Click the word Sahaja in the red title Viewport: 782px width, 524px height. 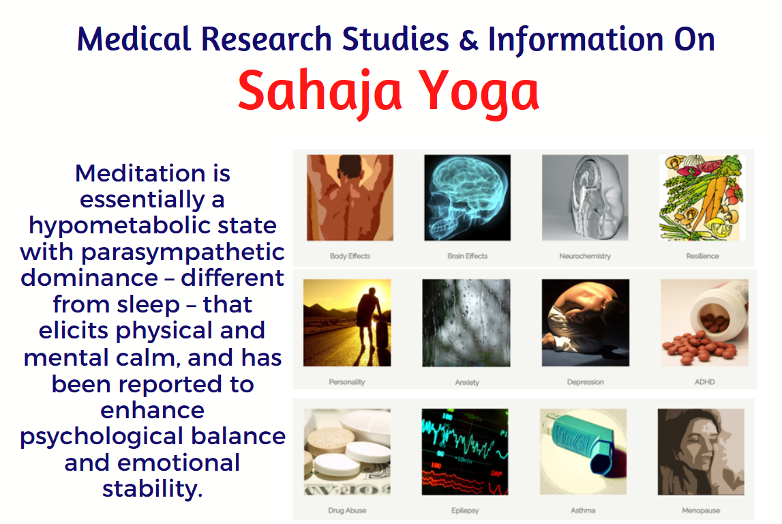click(320, 91)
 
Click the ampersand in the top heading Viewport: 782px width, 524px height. click(468, 40)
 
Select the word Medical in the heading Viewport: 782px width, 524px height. click(134, 39)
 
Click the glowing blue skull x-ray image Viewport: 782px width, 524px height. click(467, 198)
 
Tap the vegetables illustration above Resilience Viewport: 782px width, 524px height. click(702, 198)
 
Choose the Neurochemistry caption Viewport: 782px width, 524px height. click(585, 256)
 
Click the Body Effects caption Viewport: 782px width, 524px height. click(350, 256)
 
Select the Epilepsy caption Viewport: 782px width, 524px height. click(465, 510)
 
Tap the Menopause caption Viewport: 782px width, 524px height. click(701, 510)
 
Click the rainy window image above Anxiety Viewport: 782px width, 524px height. click(466, 323)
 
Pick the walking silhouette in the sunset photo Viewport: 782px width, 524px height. click(368, 318)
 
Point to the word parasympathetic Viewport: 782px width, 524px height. click(183, 252)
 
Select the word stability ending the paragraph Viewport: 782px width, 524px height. click(153, 489)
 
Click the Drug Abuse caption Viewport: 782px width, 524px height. click(347, 510)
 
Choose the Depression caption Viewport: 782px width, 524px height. click(586, 382)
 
